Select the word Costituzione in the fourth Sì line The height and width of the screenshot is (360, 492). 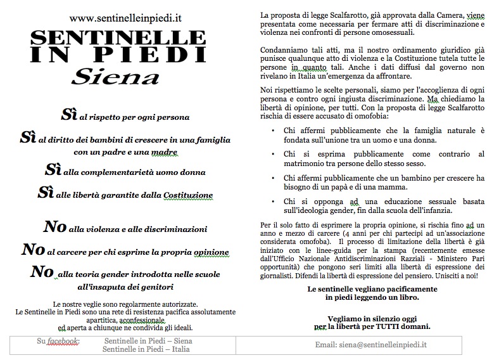click(187, 195)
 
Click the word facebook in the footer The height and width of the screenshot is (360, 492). click(65, 341)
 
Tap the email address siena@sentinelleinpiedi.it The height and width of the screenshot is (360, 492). click(371, 345)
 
